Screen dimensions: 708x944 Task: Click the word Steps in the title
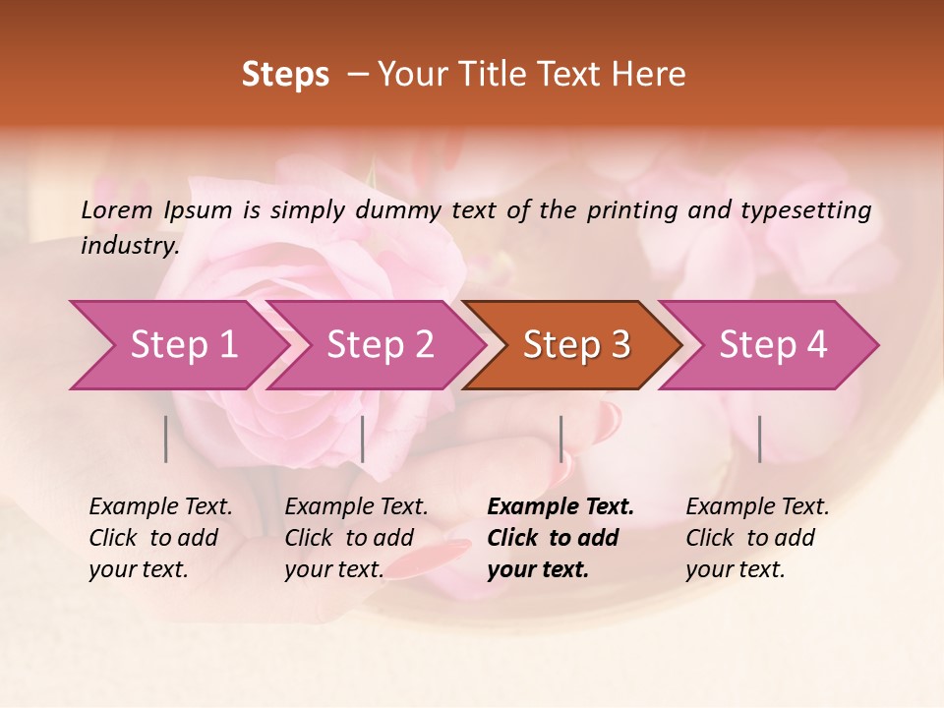[x=285, y=75]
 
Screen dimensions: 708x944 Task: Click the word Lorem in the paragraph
[x=117, y=209]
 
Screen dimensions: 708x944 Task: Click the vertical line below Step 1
[x=166, y=439]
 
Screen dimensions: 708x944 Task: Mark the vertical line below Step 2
[x=363, y=439]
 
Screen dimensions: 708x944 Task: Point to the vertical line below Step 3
[x=561, y=439]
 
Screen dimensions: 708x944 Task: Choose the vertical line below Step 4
[x=760, y=439]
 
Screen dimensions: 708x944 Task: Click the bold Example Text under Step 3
[x=560, y=507]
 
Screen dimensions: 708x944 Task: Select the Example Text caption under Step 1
[x=160, y=507]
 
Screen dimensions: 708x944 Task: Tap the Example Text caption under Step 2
[x=356, y=507]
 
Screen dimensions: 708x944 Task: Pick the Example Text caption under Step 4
[x=757, y=507]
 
